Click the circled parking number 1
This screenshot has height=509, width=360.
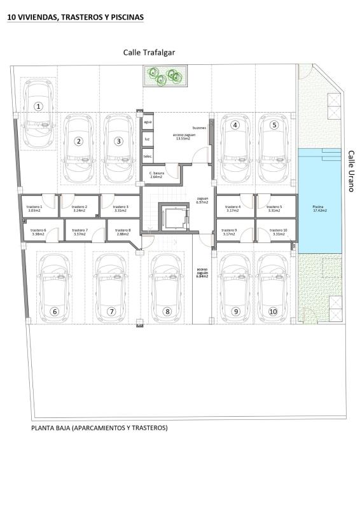39,106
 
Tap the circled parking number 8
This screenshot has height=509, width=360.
167,311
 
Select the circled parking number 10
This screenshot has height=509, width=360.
273,311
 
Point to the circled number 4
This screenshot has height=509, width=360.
235,125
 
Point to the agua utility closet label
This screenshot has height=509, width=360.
148,121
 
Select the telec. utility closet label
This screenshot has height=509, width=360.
147,156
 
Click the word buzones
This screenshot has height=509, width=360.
199,127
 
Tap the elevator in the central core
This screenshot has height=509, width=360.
175,218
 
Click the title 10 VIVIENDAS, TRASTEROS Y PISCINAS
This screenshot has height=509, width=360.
75,18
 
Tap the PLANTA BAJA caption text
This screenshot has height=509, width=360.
99,428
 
